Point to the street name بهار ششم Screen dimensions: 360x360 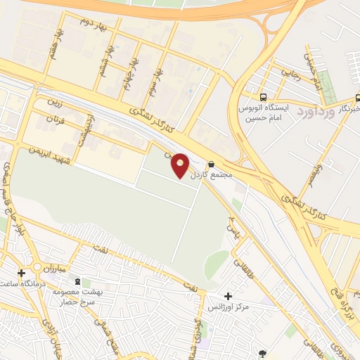(x=107, y=61)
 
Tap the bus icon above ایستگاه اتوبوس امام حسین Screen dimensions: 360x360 (x=263, y=98)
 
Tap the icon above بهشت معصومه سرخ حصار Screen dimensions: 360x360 (x=77, y=281)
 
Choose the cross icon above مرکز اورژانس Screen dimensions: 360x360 (x=228, y=297)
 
